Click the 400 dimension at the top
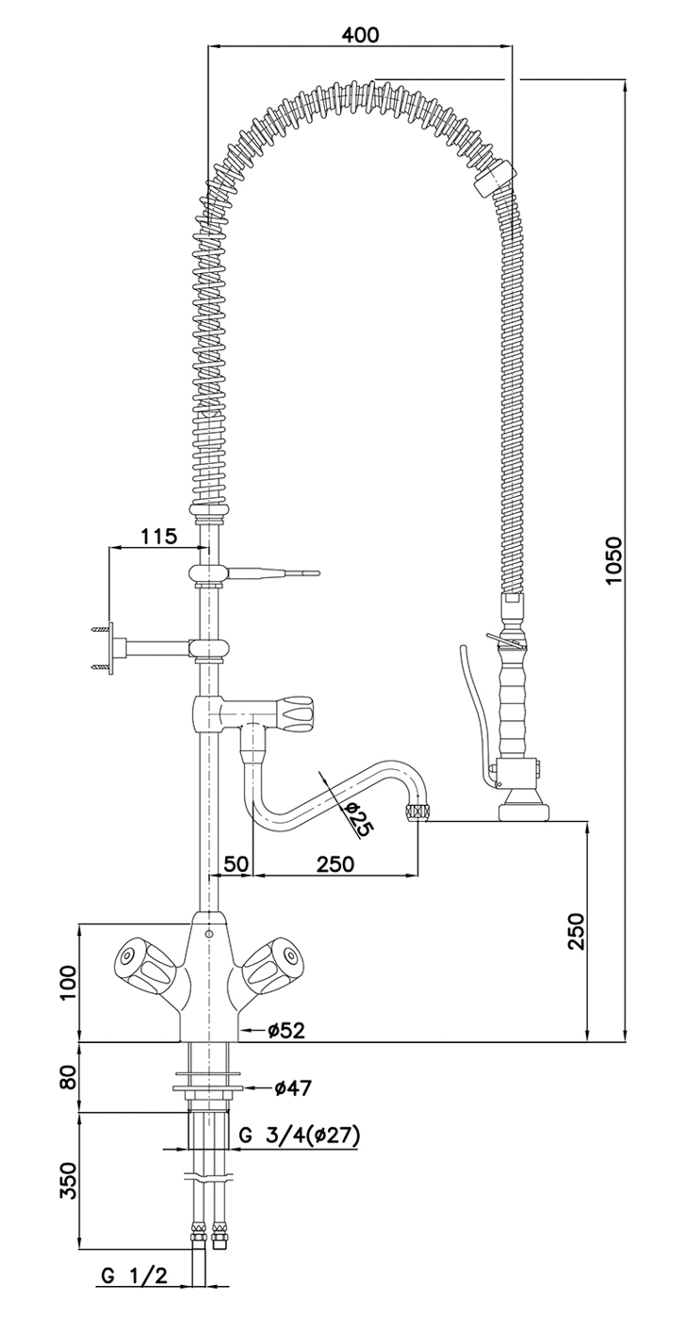tap(360, 35)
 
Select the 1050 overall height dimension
tap(613, 561)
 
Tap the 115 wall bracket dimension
tap(158, 537)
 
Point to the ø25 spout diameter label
tap(354, 819)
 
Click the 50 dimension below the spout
tap(237, 863)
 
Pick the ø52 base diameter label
tap(286, 1031)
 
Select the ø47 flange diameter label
tap(293, 1088)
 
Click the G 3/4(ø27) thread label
tap(299, 1136)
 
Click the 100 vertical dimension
tap(67, 984)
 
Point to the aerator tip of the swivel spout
tap(417, 812)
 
